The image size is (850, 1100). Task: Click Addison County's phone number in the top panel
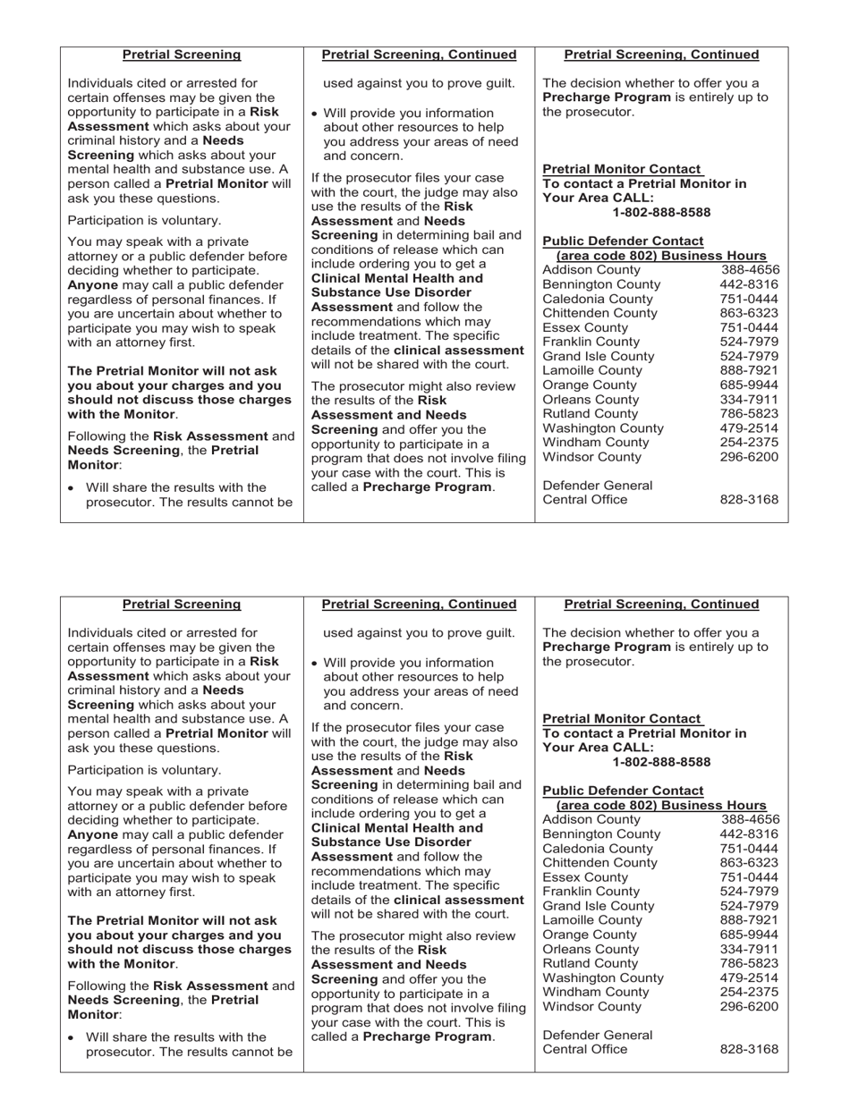point(750,270)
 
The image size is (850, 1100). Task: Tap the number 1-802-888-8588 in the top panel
point(661,212)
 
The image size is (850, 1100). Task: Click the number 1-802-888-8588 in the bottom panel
point(661,762)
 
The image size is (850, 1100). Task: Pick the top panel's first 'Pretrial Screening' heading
point(182,55)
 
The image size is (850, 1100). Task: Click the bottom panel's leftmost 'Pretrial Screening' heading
point(182,605)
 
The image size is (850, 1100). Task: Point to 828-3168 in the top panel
point(749,499)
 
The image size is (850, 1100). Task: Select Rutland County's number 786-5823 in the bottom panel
point(749,963)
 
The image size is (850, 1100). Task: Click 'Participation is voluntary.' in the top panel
point(144,220)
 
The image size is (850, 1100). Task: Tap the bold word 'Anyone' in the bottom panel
point(93,834)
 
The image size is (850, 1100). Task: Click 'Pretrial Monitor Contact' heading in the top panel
point(622,169)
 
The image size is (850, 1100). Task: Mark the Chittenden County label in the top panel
point(600,313)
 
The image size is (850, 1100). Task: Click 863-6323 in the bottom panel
point(749,863)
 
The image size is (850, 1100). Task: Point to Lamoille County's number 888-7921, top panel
point(749,370)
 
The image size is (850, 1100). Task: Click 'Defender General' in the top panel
point(598,485)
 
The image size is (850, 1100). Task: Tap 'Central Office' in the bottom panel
point(585,1049)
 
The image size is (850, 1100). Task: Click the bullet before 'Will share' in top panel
point(72,488)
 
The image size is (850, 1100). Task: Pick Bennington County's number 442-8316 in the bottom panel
point(749,834)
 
